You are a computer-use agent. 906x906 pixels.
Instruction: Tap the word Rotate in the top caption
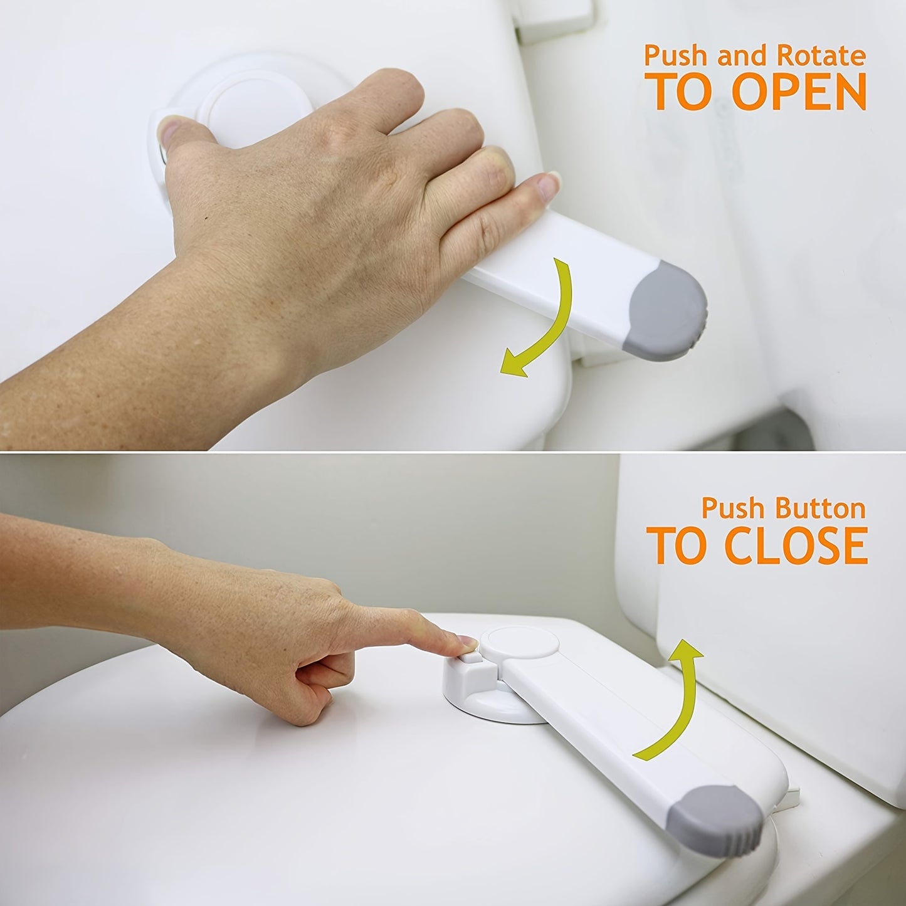point(821,57)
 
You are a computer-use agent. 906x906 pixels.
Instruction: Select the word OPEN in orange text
point(799,93)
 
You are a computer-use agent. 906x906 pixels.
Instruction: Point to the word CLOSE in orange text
point(797,545)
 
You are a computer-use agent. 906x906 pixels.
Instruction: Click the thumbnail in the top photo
point(167,131)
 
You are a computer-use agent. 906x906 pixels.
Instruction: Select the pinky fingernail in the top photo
point(549,183)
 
